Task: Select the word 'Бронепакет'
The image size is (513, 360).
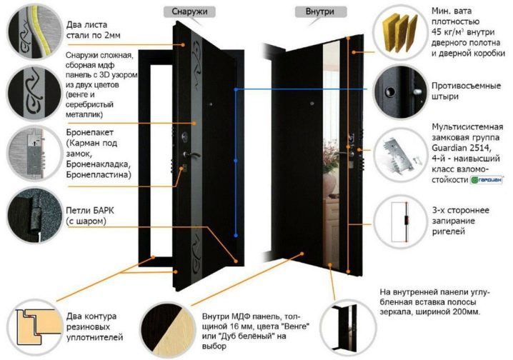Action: pyautogui.click(x=91, y=133)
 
